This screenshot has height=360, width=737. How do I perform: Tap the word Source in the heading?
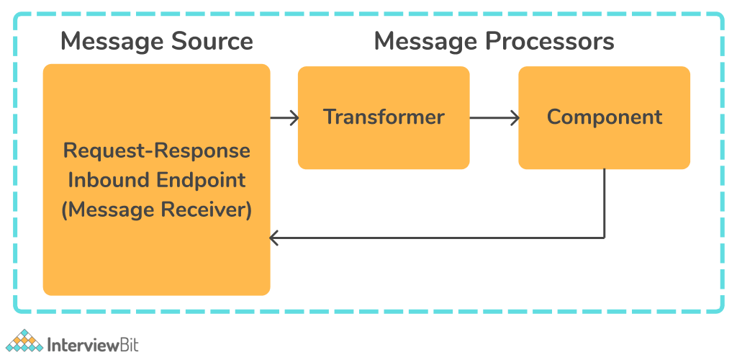pos(212,41)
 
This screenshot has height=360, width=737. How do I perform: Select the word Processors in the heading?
pos(550,41)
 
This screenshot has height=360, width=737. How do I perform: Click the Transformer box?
pos(384,117)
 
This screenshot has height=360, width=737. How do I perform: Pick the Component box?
pos(604,117)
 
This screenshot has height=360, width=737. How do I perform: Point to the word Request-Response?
pos(156,151)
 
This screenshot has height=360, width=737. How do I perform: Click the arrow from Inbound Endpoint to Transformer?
pos(284,118)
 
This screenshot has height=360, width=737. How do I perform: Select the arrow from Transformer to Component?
pos(494,118)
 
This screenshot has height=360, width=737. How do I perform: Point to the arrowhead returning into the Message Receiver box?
pos(274,238)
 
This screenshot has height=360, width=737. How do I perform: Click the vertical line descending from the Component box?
pos(604,204)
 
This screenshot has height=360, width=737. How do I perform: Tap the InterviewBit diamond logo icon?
pos(24,341)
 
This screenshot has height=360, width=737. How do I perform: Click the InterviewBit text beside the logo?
pos(93,344)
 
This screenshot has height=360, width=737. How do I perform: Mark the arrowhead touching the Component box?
pos(514,118)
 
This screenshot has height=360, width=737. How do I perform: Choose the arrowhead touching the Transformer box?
pos(294,118)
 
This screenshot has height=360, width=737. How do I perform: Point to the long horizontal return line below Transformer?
pos(437,238)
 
